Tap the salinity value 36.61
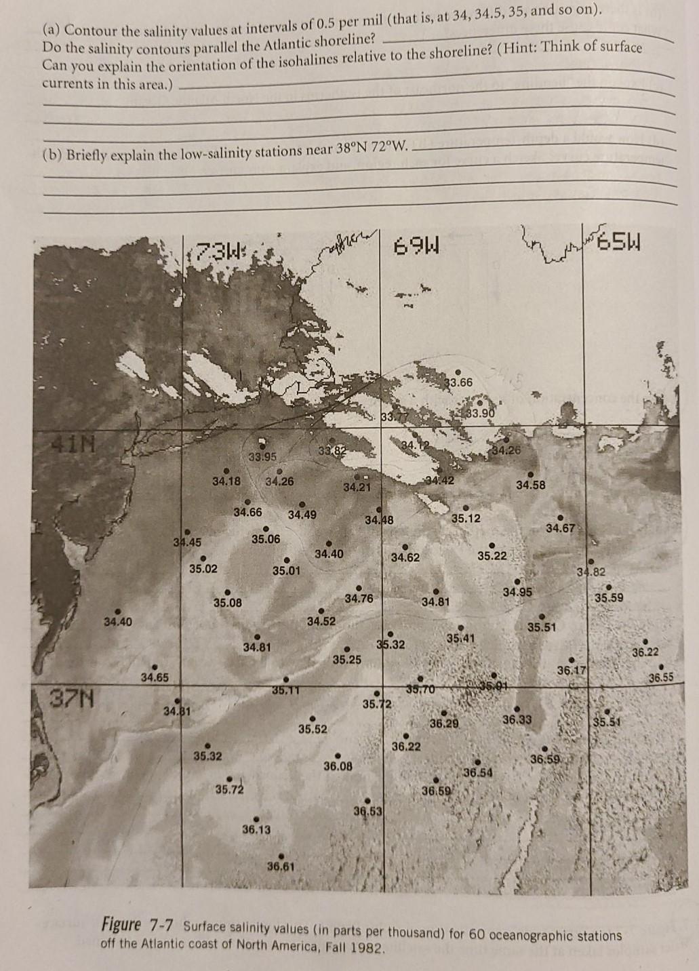281,865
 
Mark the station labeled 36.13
256,829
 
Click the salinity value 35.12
466,519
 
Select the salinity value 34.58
531,485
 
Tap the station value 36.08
338,766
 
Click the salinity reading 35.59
610,598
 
